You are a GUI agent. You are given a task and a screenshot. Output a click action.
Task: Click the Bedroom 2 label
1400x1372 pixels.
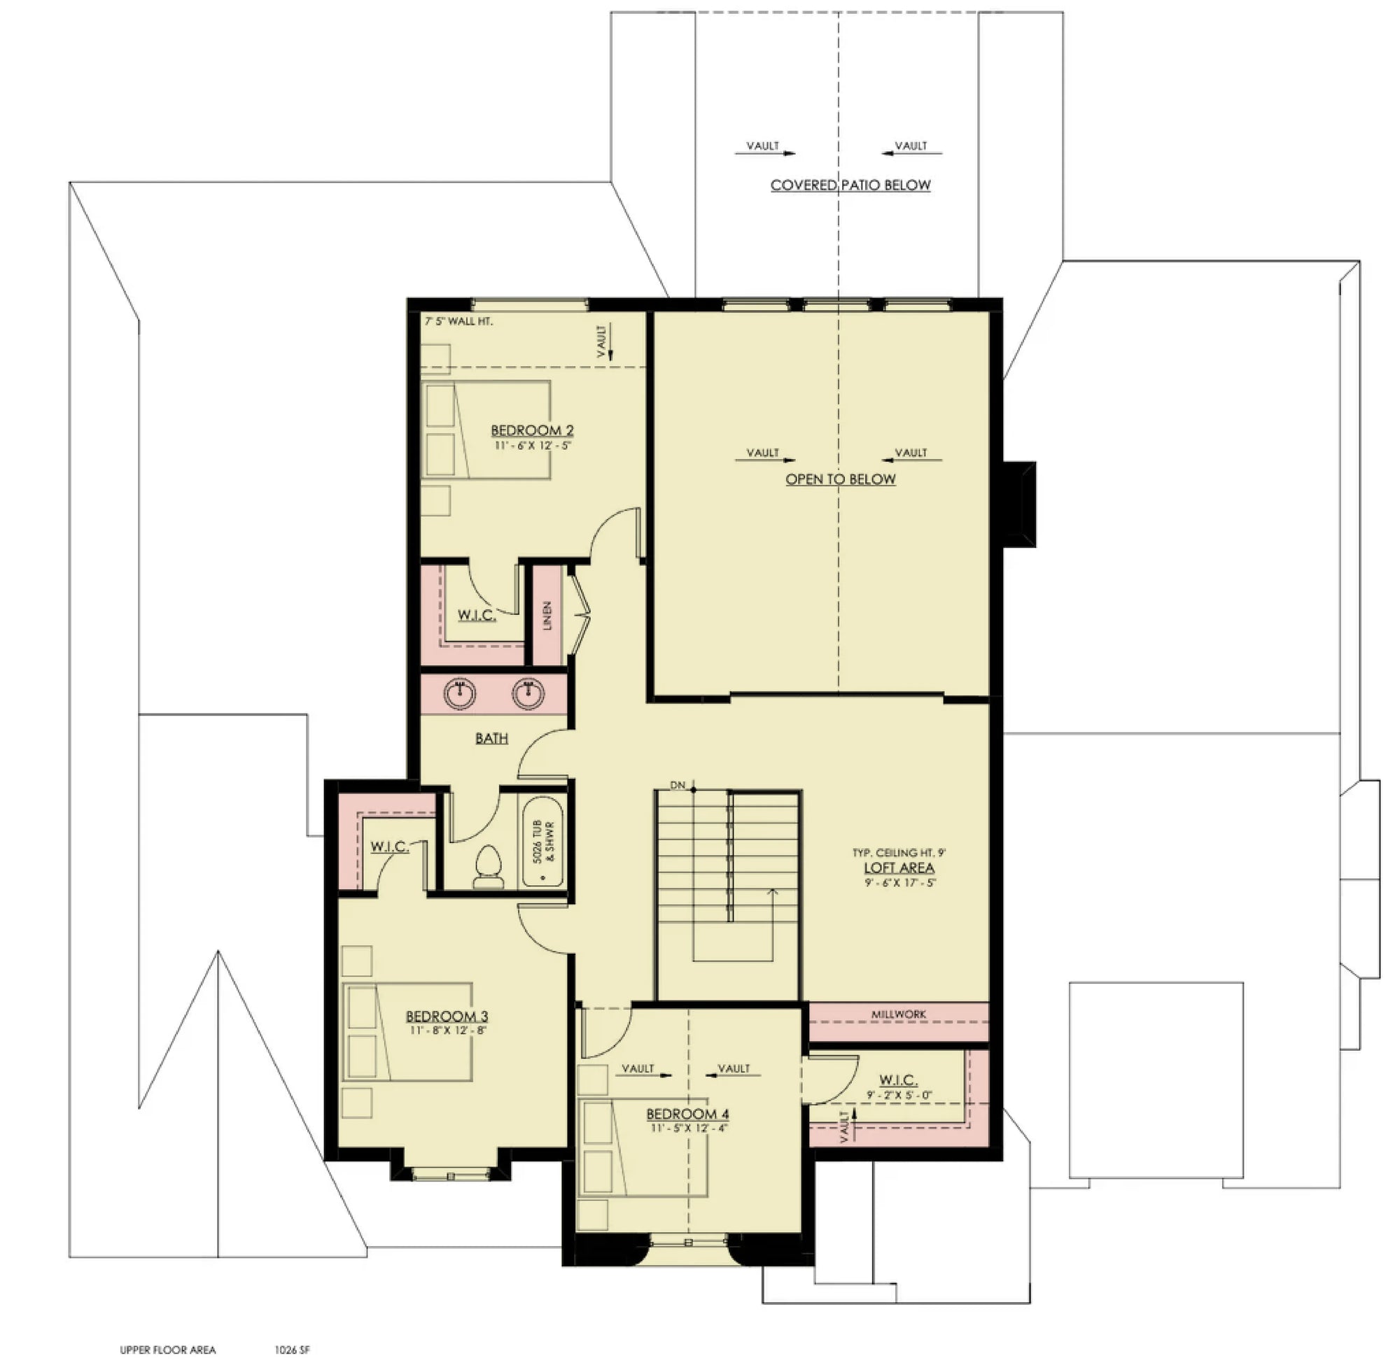(x=531, y=430)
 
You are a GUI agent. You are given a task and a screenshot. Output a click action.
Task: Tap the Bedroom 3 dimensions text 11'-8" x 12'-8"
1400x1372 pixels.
(x=447, y=1031)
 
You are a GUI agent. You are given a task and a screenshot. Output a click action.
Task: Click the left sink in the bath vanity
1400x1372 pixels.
(x=459, y=693)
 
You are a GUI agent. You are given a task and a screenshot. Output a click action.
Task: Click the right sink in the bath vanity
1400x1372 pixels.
(x=528, y=693)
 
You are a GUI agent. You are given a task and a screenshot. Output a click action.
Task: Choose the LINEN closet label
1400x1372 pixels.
(x=547, y=616)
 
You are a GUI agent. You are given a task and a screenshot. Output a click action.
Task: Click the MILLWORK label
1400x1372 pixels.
(x=898, y=1014)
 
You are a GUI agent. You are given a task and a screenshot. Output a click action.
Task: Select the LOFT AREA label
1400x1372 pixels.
(x=899, y=868)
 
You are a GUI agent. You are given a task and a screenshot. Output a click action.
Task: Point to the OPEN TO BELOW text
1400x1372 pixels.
(x=841, y=479)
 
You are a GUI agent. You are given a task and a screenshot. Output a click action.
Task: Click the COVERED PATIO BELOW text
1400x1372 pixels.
(x=850, y=185)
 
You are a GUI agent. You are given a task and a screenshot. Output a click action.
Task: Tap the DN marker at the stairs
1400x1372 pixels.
(x=678, y=785)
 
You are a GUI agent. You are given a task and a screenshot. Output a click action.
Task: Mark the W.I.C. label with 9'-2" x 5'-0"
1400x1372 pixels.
(x=898, y=1080)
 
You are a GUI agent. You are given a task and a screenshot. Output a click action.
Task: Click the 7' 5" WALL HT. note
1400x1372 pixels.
(x=459, y=321)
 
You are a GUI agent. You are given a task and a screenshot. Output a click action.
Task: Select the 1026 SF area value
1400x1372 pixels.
(x=292, y=1350)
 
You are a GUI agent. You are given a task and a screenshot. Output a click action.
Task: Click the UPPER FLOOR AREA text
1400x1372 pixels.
(x=168, y=1350)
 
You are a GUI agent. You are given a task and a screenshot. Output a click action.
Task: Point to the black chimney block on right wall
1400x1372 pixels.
(x=1019, y=504)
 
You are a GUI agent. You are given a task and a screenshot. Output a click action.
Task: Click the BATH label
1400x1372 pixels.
(x=491, y=739)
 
